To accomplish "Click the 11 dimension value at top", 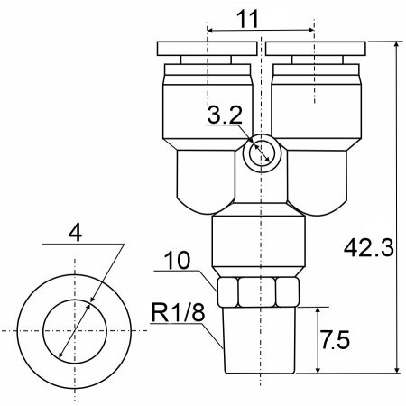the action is coord(247,19).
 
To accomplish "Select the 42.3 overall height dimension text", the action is coord(369,248).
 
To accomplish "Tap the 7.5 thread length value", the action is coord(335,340).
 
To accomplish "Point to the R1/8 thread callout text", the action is coord(178,312).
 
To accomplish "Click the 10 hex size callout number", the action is coord(177,260).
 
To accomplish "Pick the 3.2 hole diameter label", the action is coord(225,115).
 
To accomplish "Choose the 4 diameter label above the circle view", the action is coord(75,233).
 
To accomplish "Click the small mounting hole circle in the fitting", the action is coord(262,153).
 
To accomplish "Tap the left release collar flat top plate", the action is coord(207,49).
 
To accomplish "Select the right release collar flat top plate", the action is coord(316,49).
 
